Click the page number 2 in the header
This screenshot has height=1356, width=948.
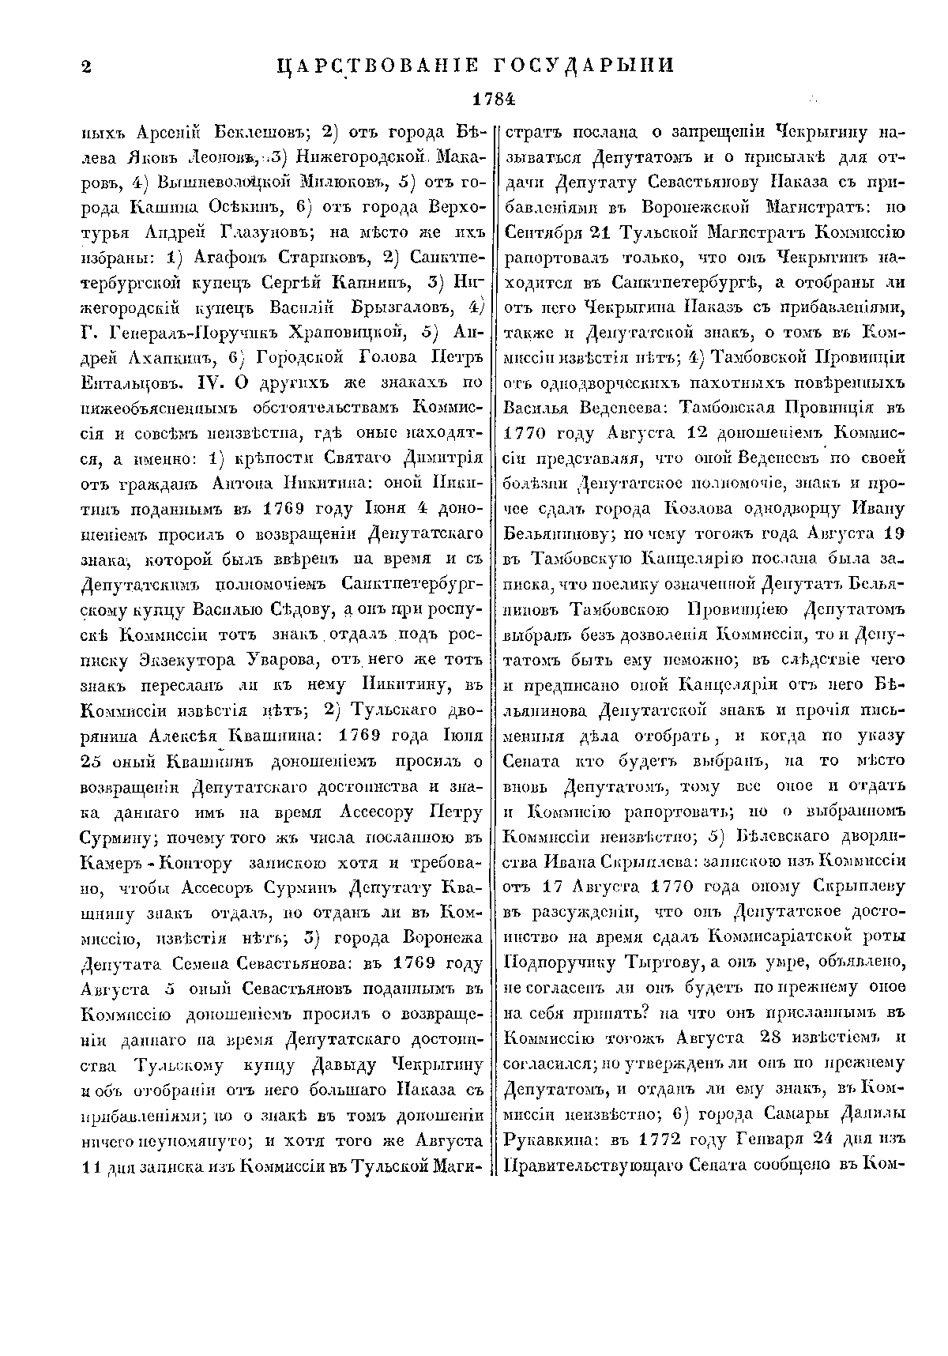[x=86, y=66]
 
